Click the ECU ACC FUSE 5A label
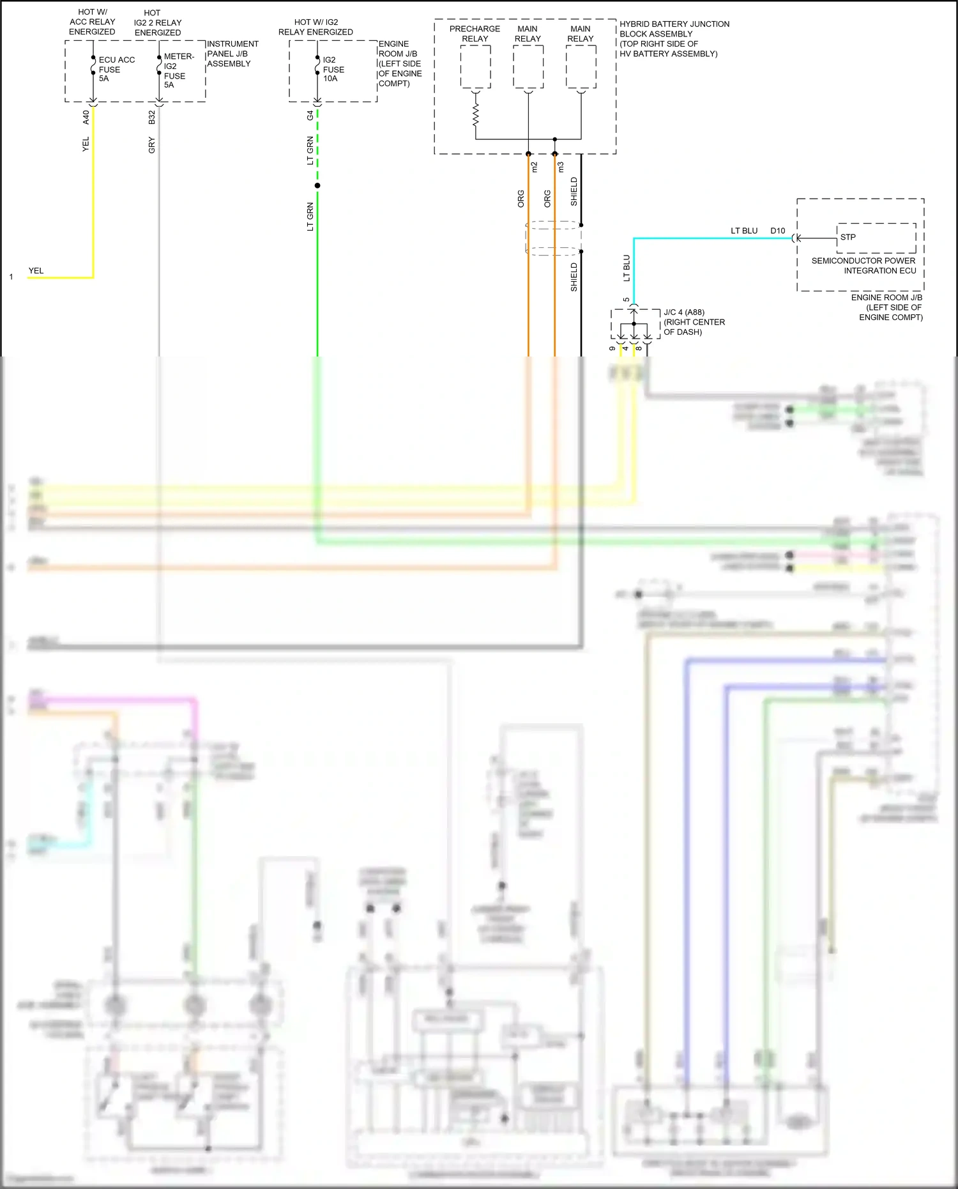click(116, 69)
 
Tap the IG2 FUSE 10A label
click(333, 69)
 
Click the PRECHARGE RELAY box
click(475, 67)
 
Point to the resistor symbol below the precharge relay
click(475, 116)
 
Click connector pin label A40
click(86, 117)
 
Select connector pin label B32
click(151, 117)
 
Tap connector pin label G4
click(310, 116)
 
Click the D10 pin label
click(777, 231)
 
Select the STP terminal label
click(848, 237)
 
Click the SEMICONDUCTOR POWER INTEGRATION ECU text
click(863, 266)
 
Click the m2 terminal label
click(535, 167)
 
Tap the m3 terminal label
click(561, 167)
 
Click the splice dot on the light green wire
click(317, 186)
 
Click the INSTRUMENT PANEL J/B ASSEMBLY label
click(232, 54)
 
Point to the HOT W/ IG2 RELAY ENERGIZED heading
click(316, 27)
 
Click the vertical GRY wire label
click(151, 145)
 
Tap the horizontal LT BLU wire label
click(743, 231)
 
